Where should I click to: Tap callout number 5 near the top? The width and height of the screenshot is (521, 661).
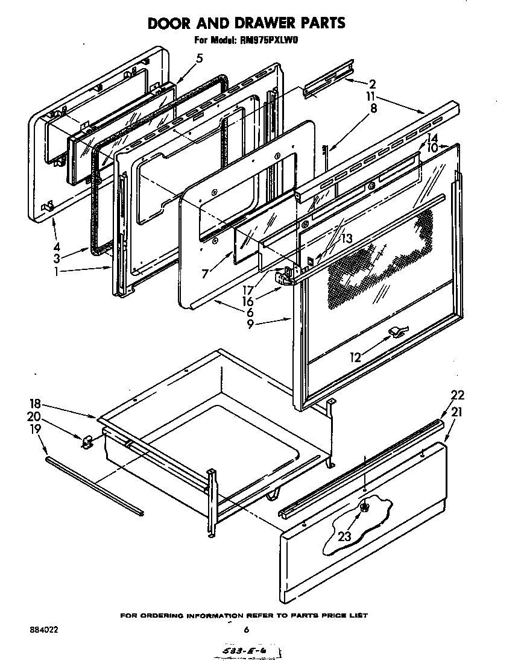(199, 58)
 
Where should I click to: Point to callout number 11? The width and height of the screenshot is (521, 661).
(372, 96)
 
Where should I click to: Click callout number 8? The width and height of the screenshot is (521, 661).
(373, 109)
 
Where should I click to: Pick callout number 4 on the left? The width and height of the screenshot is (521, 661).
(56, 246)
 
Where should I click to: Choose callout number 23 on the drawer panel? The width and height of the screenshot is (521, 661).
(344, 537)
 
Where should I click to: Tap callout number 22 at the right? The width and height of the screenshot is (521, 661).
(458, 395)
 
